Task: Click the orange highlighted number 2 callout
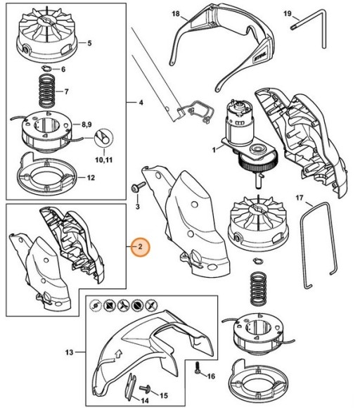[x=140, y=246]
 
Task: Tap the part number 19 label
[x=287, y=13]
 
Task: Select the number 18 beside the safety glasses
[x=176, y=13]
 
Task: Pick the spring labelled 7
[x=48, y=91]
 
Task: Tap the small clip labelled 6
[x=47, y=68]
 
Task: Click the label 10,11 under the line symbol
[x=104, y=160]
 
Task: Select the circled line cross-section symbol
[x=103, y=138]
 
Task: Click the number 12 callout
[x=91, y=178]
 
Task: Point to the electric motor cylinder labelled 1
[x=237, y=122]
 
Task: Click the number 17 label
[x=299, y=198]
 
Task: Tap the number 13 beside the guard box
[x=69, y=352]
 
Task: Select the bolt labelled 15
[x=146, y=389]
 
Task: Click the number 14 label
[x=144, y=400]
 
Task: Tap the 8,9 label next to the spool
[x=86, y=125]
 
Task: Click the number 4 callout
[x=141, y=103]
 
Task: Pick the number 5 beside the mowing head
[x=89, y=43]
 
